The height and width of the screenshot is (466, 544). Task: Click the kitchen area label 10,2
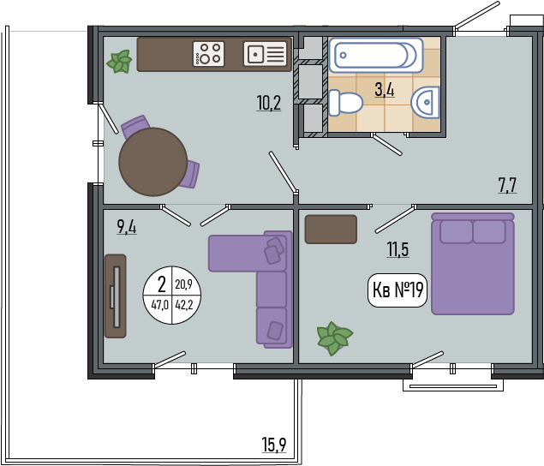(269, 103)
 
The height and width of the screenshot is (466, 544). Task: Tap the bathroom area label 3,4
(385, 90)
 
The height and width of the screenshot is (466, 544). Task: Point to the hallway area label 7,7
(507, 185)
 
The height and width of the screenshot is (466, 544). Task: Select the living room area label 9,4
(127, 227)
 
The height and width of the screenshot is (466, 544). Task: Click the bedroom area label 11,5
(398, 249)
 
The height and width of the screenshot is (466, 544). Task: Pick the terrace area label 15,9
(274, 445)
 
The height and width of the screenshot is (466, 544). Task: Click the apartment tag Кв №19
(398, 290)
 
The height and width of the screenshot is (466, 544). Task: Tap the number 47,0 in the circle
(160, 305)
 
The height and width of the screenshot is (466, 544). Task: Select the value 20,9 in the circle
(183, 284)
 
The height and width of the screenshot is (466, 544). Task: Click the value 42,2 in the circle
(184, 305)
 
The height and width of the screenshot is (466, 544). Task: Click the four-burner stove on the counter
(208, 54)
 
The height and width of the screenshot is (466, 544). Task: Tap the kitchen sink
(265, 54)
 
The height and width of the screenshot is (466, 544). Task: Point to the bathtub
(376, 55)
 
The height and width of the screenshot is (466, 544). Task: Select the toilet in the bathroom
(345, 103)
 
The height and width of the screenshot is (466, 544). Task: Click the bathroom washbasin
(425, 102)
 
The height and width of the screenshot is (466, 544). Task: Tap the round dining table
(153, 162)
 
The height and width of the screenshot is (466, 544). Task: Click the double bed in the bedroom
(473, 264)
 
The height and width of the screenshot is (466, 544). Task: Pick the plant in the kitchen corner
(120, 62)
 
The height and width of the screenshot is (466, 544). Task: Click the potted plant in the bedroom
(334, 338)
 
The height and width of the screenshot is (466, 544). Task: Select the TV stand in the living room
(116, 296)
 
